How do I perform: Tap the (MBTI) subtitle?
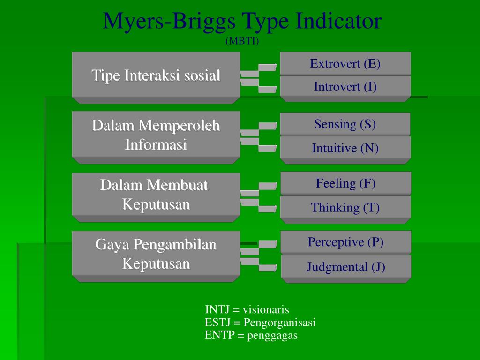click(242, 41)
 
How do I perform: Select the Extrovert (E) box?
click(345, 64)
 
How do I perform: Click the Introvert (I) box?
click(345, 88)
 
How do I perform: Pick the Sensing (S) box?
click(345, 124)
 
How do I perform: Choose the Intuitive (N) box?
click(345, 150)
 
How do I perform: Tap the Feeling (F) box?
click(345, 183)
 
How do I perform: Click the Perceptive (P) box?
click(346, 242)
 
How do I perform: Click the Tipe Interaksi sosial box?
click(156, 77)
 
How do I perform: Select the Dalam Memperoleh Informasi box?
click(156, 137)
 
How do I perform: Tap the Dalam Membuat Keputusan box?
click(156, 197)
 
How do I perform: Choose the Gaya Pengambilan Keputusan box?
click(156, 256)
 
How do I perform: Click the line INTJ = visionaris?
click(247, 309)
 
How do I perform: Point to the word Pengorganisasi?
click(279, 322)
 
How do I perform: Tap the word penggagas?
click(272, 336)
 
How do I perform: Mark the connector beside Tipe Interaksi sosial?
click(259, 78)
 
